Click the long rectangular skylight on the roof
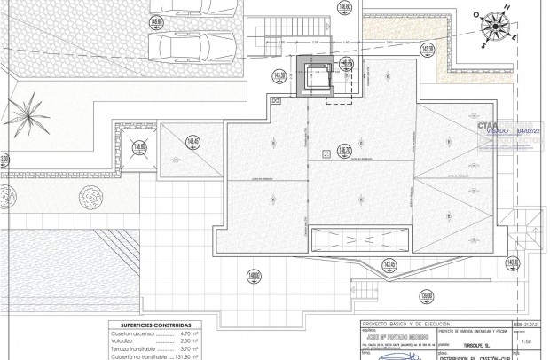(359, 239)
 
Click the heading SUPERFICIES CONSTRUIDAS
(153, 325)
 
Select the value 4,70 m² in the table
(181, 333)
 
